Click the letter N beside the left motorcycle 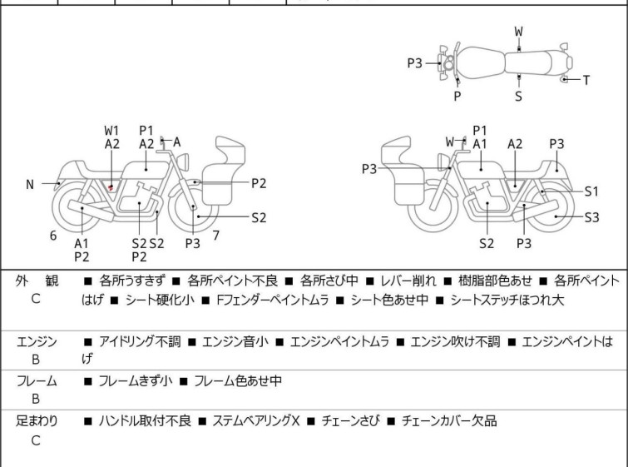[30, 185]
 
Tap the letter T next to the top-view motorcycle [586, 81]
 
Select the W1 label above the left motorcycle [112, 131]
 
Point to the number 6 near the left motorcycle [53, 236]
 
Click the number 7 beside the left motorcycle [215, 236]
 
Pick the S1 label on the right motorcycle [591, 191]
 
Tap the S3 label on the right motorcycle [591, 218]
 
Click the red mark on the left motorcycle [111, 187]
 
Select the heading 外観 [36, 281]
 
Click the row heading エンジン [36, 341]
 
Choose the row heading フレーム [36, 381]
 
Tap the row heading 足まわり [37, 421]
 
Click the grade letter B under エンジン [36, 360]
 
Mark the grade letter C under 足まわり [36, 440]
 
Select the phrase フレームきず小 [135, 381]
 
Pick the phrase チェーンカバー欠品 [449, 421]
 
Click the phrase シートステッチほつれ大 [507, 300]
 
